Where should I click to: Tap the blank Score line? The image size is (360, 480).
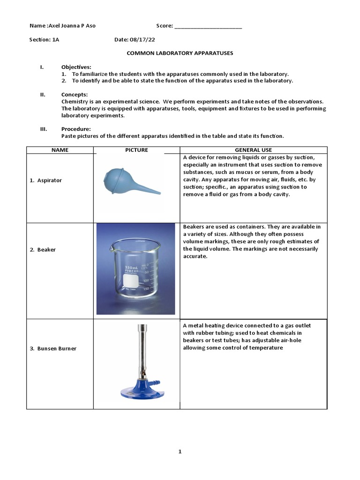click(208, 26)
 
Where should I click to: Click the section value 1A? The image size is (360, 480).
click(56, 40)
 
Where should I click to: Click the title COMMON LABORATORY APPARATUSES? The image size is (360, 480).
click(180, 53)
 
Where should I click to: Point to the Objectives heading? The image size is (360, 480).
click(76, 67)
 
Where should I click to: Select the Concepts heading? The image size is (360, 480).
click(75, 95)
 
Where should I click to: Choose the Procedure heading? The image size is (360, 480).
click(76, 129)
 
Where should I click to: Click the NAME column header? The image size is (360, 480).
click(60, 150)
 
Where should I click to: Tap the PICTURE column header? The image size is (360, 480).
click(136, 150)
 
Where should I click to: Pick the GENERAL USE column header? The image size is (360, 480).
click(254, 150)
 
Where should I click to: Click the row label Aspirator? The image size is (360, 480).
click(49, 180)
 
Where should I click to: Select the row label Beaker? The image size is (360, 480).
click(46, 250)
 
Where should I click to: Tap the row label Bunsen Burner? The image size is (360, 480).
click(57, 349)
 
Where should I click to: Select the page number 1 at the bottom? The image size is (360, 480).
click(180, 452)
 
